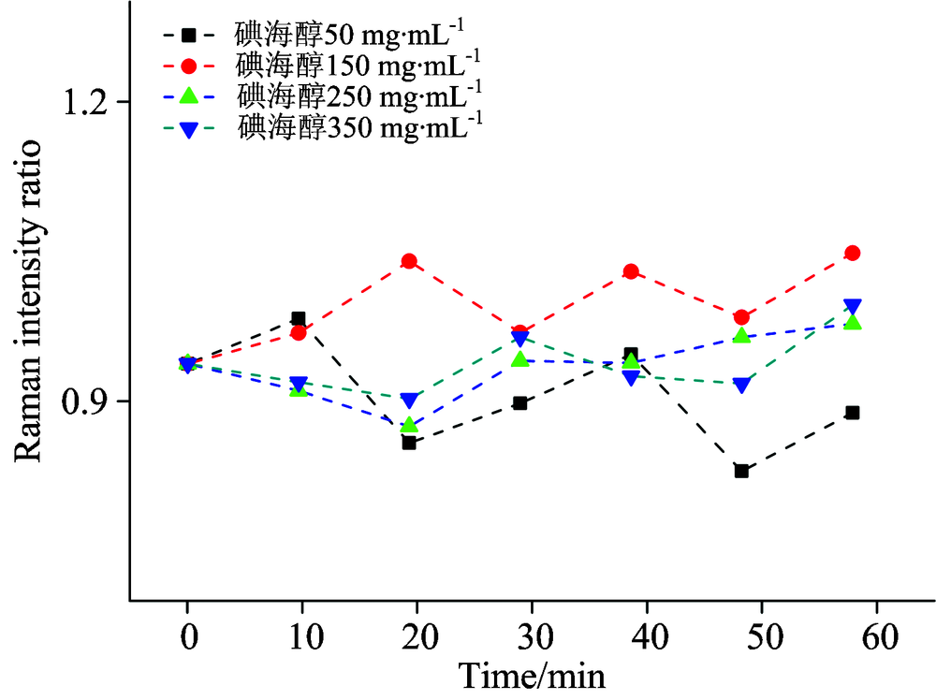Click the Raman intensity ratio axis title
click(x=28, y=300)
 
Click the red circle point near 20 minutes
click(x=409, y=261)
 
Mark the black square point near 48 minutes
click(x=741, y=471)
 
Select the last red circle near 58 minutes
click(x=853, y=253)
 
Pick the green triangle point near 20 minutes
click(x=409, y=426)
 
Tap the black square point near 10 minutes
click(x=299, y=318)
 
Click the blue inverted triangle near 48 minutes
click(x=741, y=385)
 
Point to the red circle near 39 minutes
click(x=631, y=271)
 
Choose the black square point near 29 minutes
click(x=520, y=403)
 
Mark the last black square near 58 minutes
click(x=853, y=413)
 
